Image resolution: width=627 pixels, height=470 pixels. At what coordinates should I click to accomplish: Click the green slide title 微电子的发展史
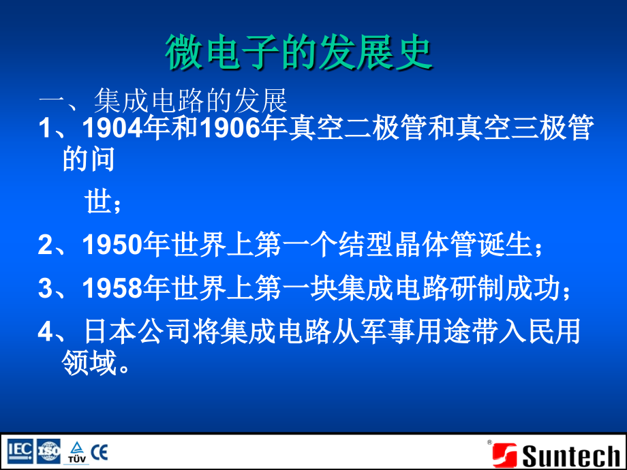point(299,52)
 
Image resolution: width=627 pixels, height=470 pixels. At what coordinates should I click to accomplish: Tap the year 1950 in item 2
point(112,245)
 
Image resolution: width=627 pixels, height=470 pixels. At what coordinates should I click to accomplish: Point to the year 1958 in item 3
point(112,289)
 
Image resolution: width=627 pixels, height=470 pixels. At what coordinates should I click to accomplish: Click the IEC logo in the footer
point(20,451)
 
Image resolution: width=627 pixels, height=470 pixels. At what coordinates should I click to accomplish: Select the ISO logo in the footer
point(48,451)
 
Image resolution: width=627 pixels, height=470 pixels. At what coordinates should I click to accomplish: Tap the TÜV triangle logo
point(76,452)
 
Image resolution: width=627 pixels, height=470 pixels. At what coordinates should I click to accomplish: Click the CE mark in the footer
point(100,451)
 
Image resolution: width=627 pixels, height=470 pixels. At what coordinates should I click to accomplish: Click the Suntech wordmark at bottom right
point(571,455)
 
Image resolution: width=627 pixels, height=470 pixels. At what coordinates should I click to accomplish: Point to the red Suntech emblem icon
point(504,455)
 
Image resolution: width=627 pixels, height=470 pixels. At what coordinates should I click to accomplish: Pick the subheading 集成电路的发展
point(191,101)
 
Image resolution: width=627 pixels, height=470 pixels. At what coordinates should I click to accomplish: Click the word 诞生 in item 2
point(508,245)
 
